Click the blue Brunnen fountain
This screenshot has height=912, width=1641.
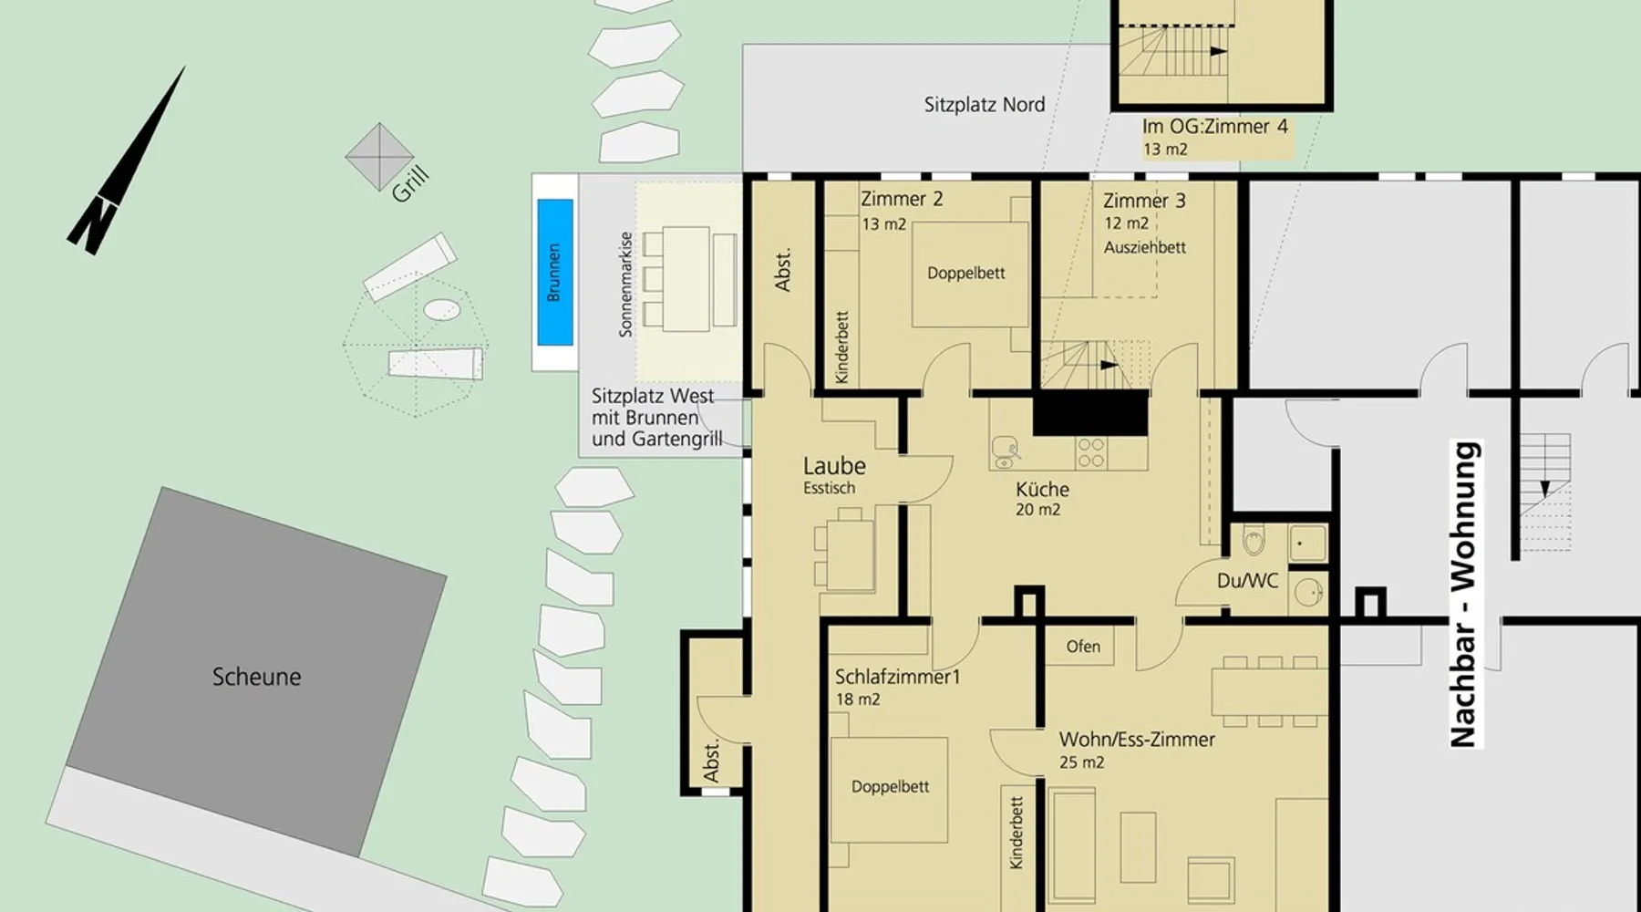(x=555, y=272)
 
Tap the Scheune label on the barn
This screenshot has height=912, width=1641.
(x=256, y=677)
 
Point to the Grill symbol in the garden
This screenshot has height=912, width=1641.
(x=379, y=157)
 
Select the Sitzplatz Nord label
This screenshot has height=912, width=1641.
(x=985, y=105)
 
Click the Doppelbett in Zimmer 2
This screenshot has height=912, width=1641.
(x=965, y=274)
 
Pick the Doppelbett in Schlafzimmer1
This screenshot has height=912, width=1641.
(x=890, y=787)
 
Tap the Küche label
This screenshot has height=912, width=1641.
(x=1042, y=489)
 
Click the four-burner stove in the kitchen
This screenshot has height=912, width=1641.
(x=1091, y=453)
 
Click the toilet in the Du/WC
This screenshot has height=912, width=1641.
(x=1254, y=542)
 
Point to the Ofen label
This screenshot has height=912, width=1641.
(x=1083, y=647)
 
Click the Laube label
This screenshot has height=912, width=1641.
(x=834, y=466)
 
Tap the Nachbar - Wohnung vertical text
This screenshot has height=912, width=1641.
(x=1463, y=595)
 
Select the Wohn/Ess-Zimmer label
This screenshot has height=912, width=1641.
(x=1137, y=740)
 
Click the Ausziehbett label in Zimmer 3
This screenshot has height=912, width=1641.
(x=1145, y=247)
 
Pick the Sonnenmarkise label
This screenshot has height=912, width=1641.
(x=625, y=285)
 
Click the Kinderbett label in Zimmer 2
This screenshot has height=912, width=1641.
(x=841, y=347)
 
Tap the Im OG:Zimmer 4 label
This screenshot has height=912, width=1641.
(x=1215, y=127)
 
